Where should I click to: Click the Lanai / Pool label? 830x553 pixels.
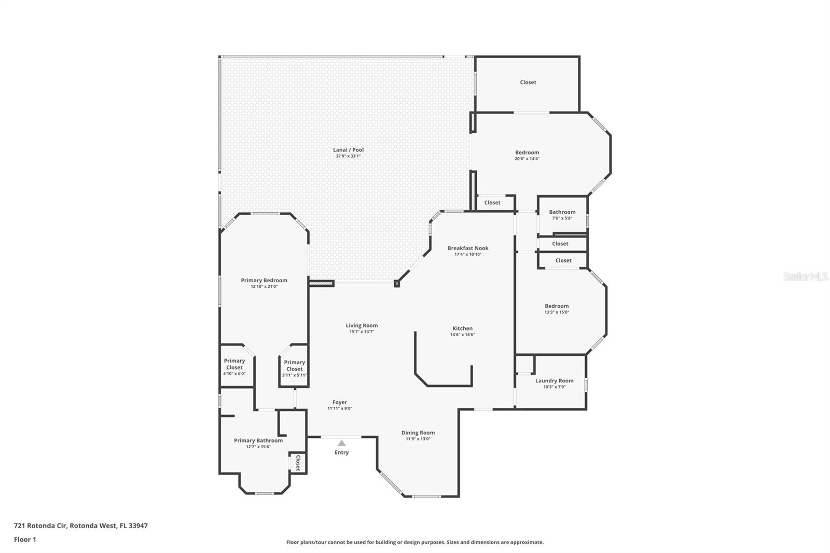(x=348, y=150)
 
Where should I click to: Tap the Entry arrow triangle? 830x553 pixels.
(x=341, y=443)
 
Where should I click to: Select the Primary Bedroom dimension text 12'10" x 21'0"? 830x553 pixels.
(x=264, y=286)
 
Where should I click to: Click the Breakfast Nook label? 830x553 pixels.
(x=468, y=248)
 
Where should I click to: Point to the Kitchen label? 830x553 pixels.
(x=462, y=328)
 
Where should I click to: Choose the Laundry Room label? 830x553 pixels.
(x=554, y=380)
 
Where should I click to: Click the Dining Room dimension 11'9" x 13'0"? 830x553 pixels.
(x=418, y=439)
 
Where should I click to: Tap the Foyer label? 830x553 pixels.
(x=340, y=402)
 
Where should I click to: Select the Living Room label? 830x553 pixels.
(x=362, y=325)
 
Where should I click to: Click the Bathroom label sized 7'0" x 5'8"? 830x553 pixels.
(x=562, y=212)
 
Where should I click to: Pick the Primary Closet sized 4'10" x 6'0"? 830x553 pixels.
(x=234, y=364)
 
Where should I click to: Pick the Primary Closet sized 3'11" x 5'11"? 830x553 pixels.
(x=294, y=366)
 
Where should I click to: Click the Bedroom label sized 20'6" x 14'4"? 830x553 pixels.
(x=527, y=153)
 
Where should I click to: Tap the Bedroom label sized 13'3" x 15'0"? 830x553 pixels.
(x=557, y=306)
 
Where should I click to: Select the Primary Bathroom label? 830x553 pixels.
(x=258, y=440)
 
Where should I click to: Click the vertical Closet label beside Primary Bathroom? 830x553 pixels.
(x=298, y=463)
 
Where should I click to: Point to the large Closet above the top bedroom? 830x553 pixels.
(x=528, y=82)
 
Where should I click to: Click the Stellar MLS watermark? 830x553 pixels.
(x=805, y=276)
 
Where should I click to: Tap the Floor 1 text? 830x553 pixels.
(x=25, y=540)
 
